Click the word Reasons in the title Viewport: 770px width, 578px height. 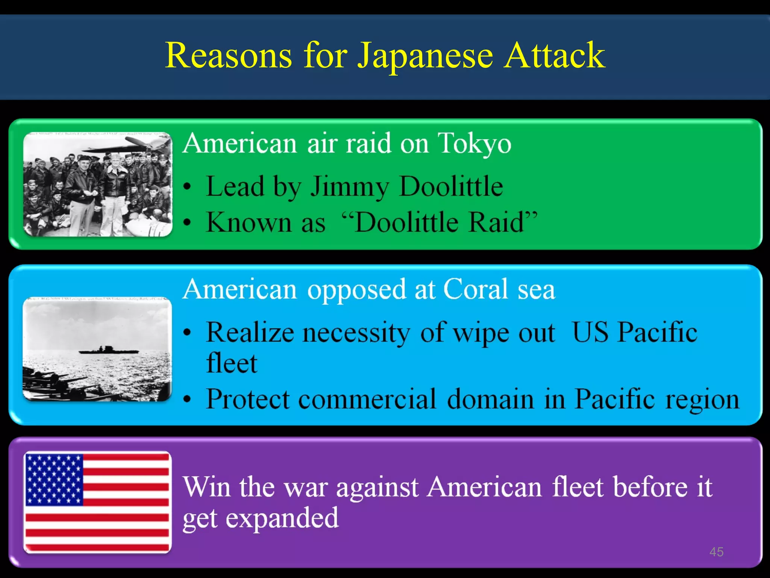point(228,56)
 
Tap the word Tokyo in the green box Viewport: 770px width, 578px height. point(474,144)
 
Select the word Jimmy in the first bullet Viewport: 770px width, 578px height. point(349,187)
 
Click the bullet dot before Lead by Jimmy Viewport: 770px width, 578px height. point(188,187)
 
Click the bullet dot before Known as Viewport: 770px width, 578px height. point(188,223)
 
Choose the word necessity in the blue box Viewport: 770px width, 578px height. point(356,333)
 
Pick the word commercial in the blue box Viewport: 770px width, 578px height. point(367,399)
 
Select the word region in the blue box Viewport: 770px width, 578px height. point(702,399)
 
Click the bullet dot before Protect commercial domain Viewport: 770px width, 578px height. point(188,400)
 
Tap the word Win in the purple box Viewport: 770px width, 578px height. point(206,487)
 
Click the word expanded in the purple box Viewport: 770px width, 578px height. point(282,519)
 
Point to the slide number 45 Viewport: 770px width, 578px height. point(716,552)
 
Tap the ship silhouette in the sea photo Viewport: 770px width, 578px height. point(109,350)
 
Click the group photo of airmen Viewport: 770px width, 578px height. point(98,184)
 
